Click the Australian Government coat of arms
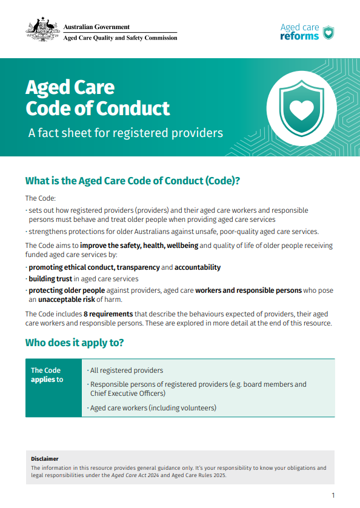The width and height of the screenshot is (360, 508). click(42, 29)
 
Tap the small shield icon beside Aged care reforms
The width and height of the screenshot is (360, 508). click(328, 32)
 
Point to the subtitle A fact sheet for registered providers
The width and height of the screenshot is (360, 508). click(125, 133)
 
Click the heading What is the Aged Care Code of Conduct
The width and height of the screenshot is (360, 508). click(133, 181)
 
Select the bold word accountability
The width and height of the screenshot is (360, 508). click(198, 267)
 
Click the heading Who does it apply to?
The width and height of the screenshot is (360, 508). click(75, 343)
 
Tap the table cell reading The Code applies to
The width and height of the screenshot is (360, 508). click(47, 375)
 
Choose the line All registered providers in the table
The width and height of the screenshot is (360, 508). click(125, 370)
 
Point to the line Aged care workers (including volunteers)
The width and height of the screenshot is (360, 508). click(153, 408)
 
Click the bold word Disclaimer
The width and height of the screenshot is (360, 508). click(45, 459)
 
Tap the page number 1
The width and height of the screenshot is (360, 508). click(333, 495)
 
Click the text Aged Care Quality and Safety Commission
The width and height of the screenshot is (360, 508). click(121, 38)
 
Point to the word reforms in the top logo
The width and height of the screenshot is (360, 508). click(299, 36)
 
